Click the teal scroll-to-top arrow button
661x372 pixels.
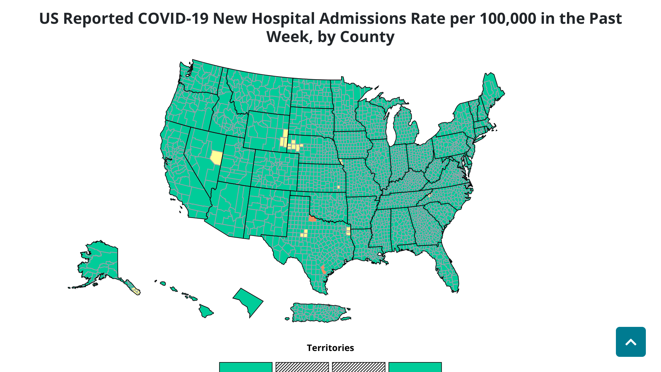(630, 342)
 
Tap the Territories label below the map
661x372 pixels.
(330, 348)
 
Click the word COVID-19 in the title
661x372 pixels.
(173, 19)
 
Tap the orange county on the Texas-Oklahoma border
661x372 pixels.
(312, 219)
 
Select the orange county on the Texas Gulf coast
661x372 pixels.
(323, 270)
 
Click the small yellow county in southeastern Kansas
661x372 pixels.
(338, 187)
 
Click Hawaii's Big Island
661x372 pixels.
(206, 311)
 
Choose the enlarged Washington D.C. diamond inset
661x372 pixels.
(249, 301)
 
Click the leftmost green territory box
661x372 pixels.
(245, 367)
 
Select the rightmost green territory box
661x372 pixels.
(415, 367)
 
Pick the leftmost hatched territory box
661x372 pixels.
(302, 367)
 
